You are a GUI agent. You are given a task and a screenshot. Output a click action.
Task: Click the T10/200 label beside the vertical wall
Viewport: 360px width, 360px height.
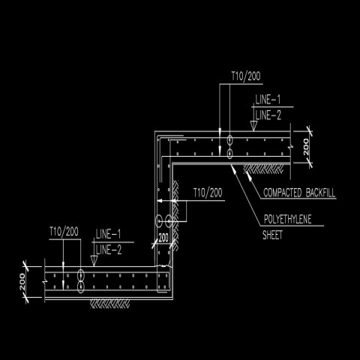(x=208, y=193)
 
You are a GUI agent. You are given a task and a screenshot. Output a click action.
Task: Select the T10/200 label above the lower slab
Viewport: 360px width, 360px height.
(x=64, y=230)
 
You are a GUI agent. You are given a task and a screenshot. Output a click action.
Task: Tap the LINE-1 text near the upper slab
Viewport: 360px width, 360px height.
(x=268, y=100)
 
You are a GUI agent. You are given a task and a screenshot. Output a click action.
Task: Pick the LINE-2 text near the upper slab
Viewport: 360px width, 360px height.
(x=268, y=114)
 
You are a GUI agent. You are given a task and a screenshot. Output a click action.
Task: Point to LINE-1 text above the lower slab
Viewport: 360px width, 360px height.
(x=109, y=235)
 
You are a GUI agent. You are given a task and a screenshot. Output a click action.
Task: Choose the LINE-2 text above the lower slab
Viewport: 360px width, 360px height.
(x=109, y=248)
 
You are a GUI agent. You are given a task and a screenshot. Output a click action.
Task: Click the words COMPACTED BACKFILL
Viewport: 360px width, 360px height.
(x=299, y=193)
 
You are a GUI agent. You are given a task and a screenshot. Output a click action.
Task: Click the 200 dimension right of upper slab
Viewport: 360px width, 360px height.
(x=305, y=147)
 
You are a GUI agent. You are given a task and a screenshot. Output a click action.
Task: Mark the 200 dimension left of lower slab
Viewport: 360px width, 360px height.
(x=22, y=283)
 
